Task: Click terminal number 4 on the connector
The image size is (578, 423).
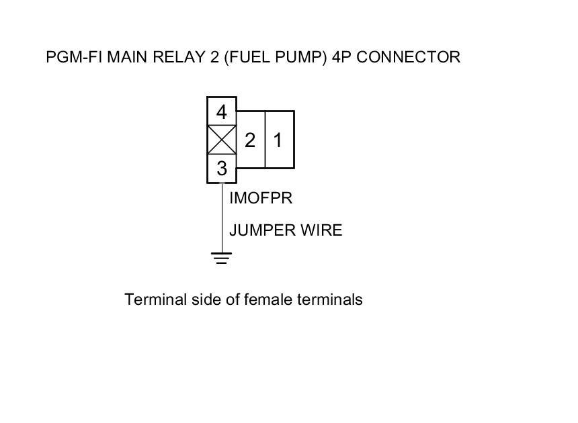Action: (x=221, y=111)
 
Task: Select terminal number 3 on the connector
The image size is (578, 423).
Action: (x=221, y=169)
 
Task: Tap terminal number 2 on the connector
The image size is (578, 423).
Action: (x=250, y=140)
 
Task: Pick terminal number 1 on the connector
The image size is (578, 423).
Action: (x=278, y=140)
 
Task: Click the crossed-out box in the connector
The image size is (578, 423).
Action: (x=221, y=140)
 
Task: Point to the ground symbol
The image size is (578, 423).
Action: (x=221, y=258)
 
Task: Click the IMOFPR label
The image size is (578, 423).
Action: (x=261, y=199)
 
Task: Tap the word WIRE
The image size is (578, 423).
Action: (x=323, y=230)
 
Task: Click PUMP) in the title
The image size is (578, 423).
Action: (x=298, y=57)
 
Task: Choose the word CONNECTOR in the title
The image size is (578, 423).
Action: (x=409, y=57)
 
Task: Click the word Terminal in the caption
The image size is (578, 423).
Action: (x=153, y=299)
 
